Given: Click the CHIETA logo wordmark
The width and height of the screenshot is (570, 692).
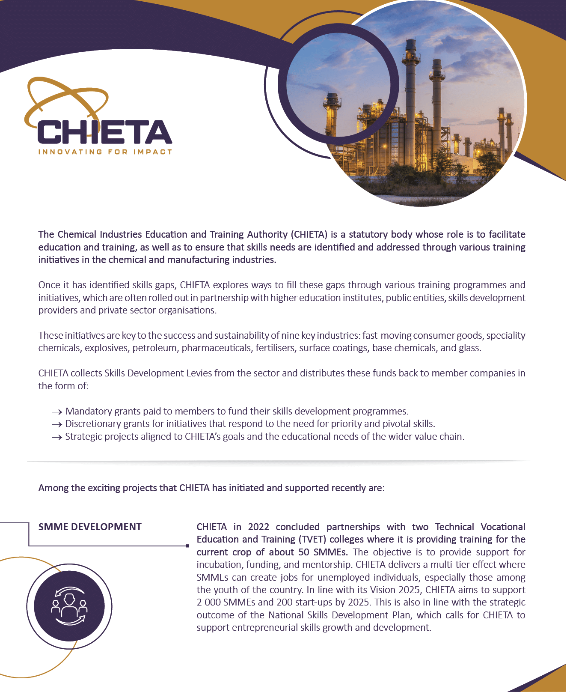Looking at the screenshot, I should point(104,132).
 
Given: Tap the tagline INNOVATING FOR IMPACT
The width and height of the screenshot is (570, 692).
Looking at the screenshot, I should point(105,152).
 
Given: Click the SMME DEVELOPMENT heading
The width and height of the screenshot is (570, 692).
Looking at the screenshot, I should point(90,527).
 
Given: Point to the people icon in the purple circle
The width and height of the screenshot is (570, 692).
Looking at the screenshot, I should point(69,606).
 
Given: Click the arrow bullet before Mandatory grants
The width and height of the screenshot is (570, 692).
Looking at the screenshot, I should point(57,412).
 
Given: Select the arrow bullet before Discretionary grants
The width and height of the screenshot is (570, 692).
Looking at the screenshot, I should point(57,424).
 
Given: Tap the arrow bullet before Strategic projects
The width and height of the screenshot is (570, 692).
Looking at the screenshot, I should point(57,437).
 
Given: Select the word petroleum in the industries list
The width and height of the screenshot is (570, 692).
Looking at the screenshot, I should point(154,348).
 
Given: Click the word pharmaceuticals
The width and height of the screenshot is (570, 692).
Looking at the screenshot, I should point(216,348).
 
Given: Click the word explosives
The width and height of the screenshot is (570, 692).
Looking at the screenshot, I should point(107,348).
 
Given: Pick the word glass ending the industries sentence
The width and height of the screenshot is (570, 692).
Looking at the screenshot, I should point(469,348).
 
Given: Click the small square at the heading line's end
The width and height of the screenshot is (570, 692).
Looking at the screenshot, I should point(187,546).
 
